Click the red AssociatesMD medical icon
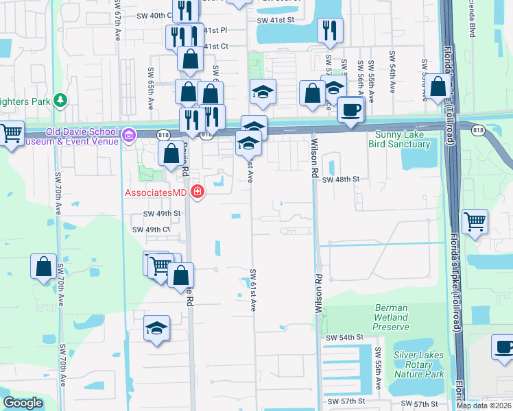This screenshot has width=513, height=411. [198, 192]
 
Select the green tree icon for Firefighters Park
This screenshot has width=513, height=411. [60, 101]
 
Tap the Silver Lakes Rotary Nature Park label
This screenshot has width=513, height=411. [418, 364]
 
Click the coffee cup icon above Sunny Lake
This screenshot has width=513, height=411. [352, 110]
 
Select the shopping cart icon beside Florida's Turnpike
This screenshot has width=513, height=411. [474, 222]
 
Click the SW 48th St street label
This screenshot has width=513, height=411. [341, 179]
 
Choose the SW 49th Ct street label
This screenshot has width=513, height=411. [151, 229]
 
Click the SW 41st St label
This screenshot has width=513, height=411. [275, 21]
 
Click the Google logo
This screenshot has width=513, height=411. [23, 403]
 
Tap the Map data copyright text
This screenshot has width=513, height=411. [484, 406]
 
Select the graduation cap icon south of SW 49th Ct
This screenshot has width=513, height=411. [157, 328]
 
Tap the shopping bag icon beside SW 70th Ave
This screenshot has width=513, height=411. [43, 266]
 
